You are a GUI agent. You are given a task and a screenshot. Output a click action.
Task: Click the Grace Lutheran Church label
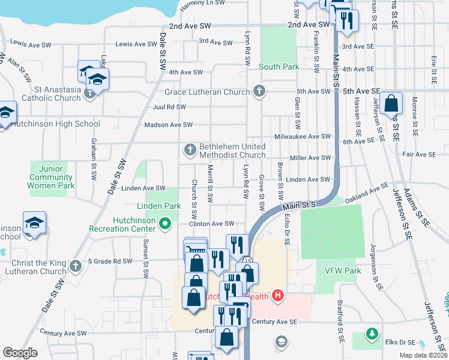click(x=206, y=92)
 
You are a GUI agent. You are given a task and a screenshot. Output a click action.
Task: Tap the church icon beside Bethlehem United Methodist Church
click(x=190, y=149)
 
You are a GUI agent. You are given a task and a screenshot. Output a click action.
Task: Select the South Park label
click(x=279, y=67)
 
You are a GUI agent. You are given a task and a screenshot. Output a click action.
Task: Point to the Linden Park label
click(x=159, y=206)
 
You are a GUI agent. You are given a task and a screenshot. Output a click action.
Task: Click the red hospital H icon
click(x=277, y=295)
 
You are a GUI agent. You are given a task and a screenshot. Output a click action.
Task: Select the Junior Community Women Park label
click(x=51, y=178)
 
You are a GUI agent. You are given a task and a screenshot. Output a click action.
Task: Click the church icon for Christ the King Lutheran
click(x=76, y=265)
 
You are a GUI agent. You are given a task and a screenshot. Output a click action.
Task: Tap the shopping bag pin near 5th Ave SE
click(x=391, y=103)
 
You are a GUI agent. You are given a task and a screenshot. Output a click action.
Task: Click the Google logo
click(x=20, y=353)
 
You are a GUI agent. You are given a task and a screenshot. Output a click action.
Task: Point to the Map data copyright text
click(x=423, y=355)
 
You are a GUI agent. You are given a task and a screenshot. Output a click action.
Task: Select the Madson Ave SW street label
click(x=168, y=125)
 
